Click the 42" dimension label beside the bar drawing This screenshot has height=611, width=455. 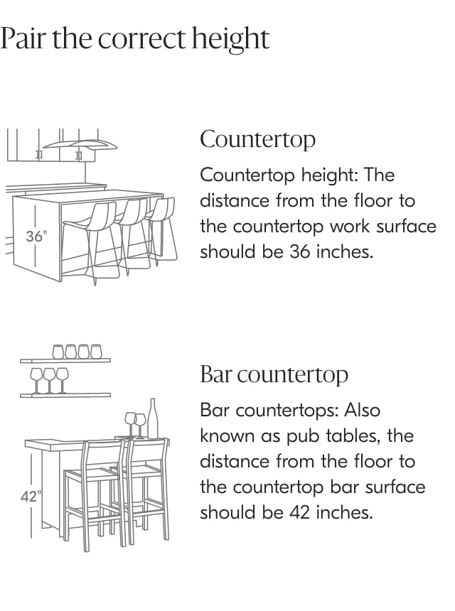[30, 497]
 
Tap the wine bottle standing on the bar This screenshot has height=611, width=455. [153, 418]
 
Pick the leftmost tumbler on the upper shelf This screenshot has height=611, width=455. [58, 351]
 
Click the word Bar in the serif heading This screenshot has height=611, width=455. [216, 374]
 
